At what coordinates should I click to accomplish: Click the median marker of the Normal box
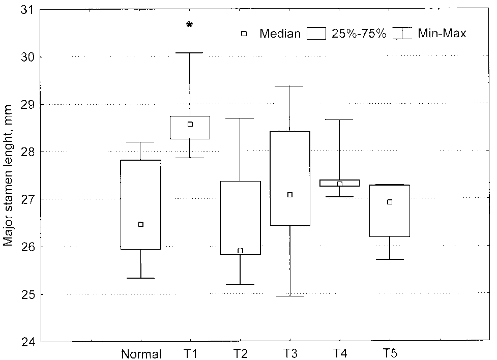pos(141,224)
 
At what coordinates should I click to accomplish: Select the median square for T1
pos(190,124)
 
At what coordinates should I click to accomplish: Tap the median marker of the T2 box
pos(240,251)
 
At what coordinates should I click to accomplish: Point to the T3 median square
pos(290,195)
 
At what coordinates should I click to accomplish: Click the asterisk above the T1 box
pos(190,25)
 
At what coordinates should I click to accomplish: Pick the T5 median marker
pos(390,202)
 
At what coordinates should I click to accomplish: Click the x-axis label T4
pos(339,353)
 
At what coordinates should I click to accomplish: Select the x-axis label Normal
pos(141,354)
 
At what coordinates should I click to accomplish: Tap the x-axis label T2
pos(240,353)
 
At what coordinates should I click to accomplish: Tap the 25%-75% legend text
pos(359,34)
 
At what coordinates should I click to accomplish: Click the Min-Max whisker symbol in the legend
pos(404,34)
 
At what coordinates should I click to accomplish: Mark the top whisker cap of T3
pos(290,86)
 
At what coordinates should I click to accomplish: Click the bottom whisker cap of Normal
pos(141,278)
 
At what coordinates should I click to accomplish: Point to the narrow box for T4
pos(340,183)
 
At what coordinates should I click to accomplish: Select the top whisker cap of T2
pos(240,118)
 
